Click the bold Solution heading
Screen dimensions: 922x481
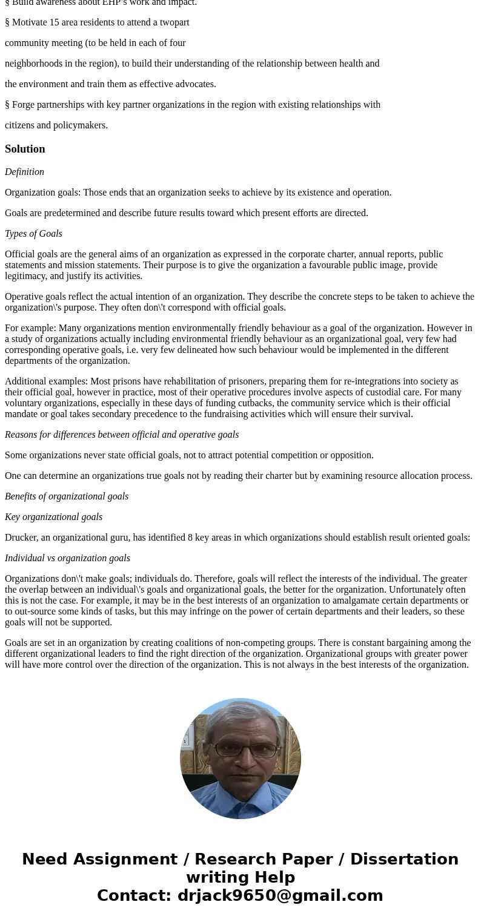[x=25, y=149]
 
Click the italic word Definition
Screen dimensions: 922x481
[x=24, y=172]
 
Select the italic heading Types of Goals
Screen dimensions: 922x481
[x=33, y=234]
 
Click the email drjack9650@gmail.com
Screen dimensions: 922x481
[x=280, y=895]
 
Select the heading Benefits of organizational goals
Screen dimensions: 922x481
[x=67, y=496]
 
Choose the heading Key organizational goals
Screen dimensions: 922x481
[x=53, y=517]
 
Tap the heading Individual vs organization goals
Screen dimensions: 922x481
[x=67, y=558]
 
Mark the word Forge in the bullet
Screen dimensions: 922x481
[x=24, y=105]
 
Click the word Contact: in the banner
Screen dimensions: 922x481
[x=134, y=895]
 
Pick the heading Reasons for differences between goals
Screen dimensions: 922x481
[x=122, y=435]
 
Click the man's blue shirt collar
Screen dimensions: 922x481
[x=240, y=788]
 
